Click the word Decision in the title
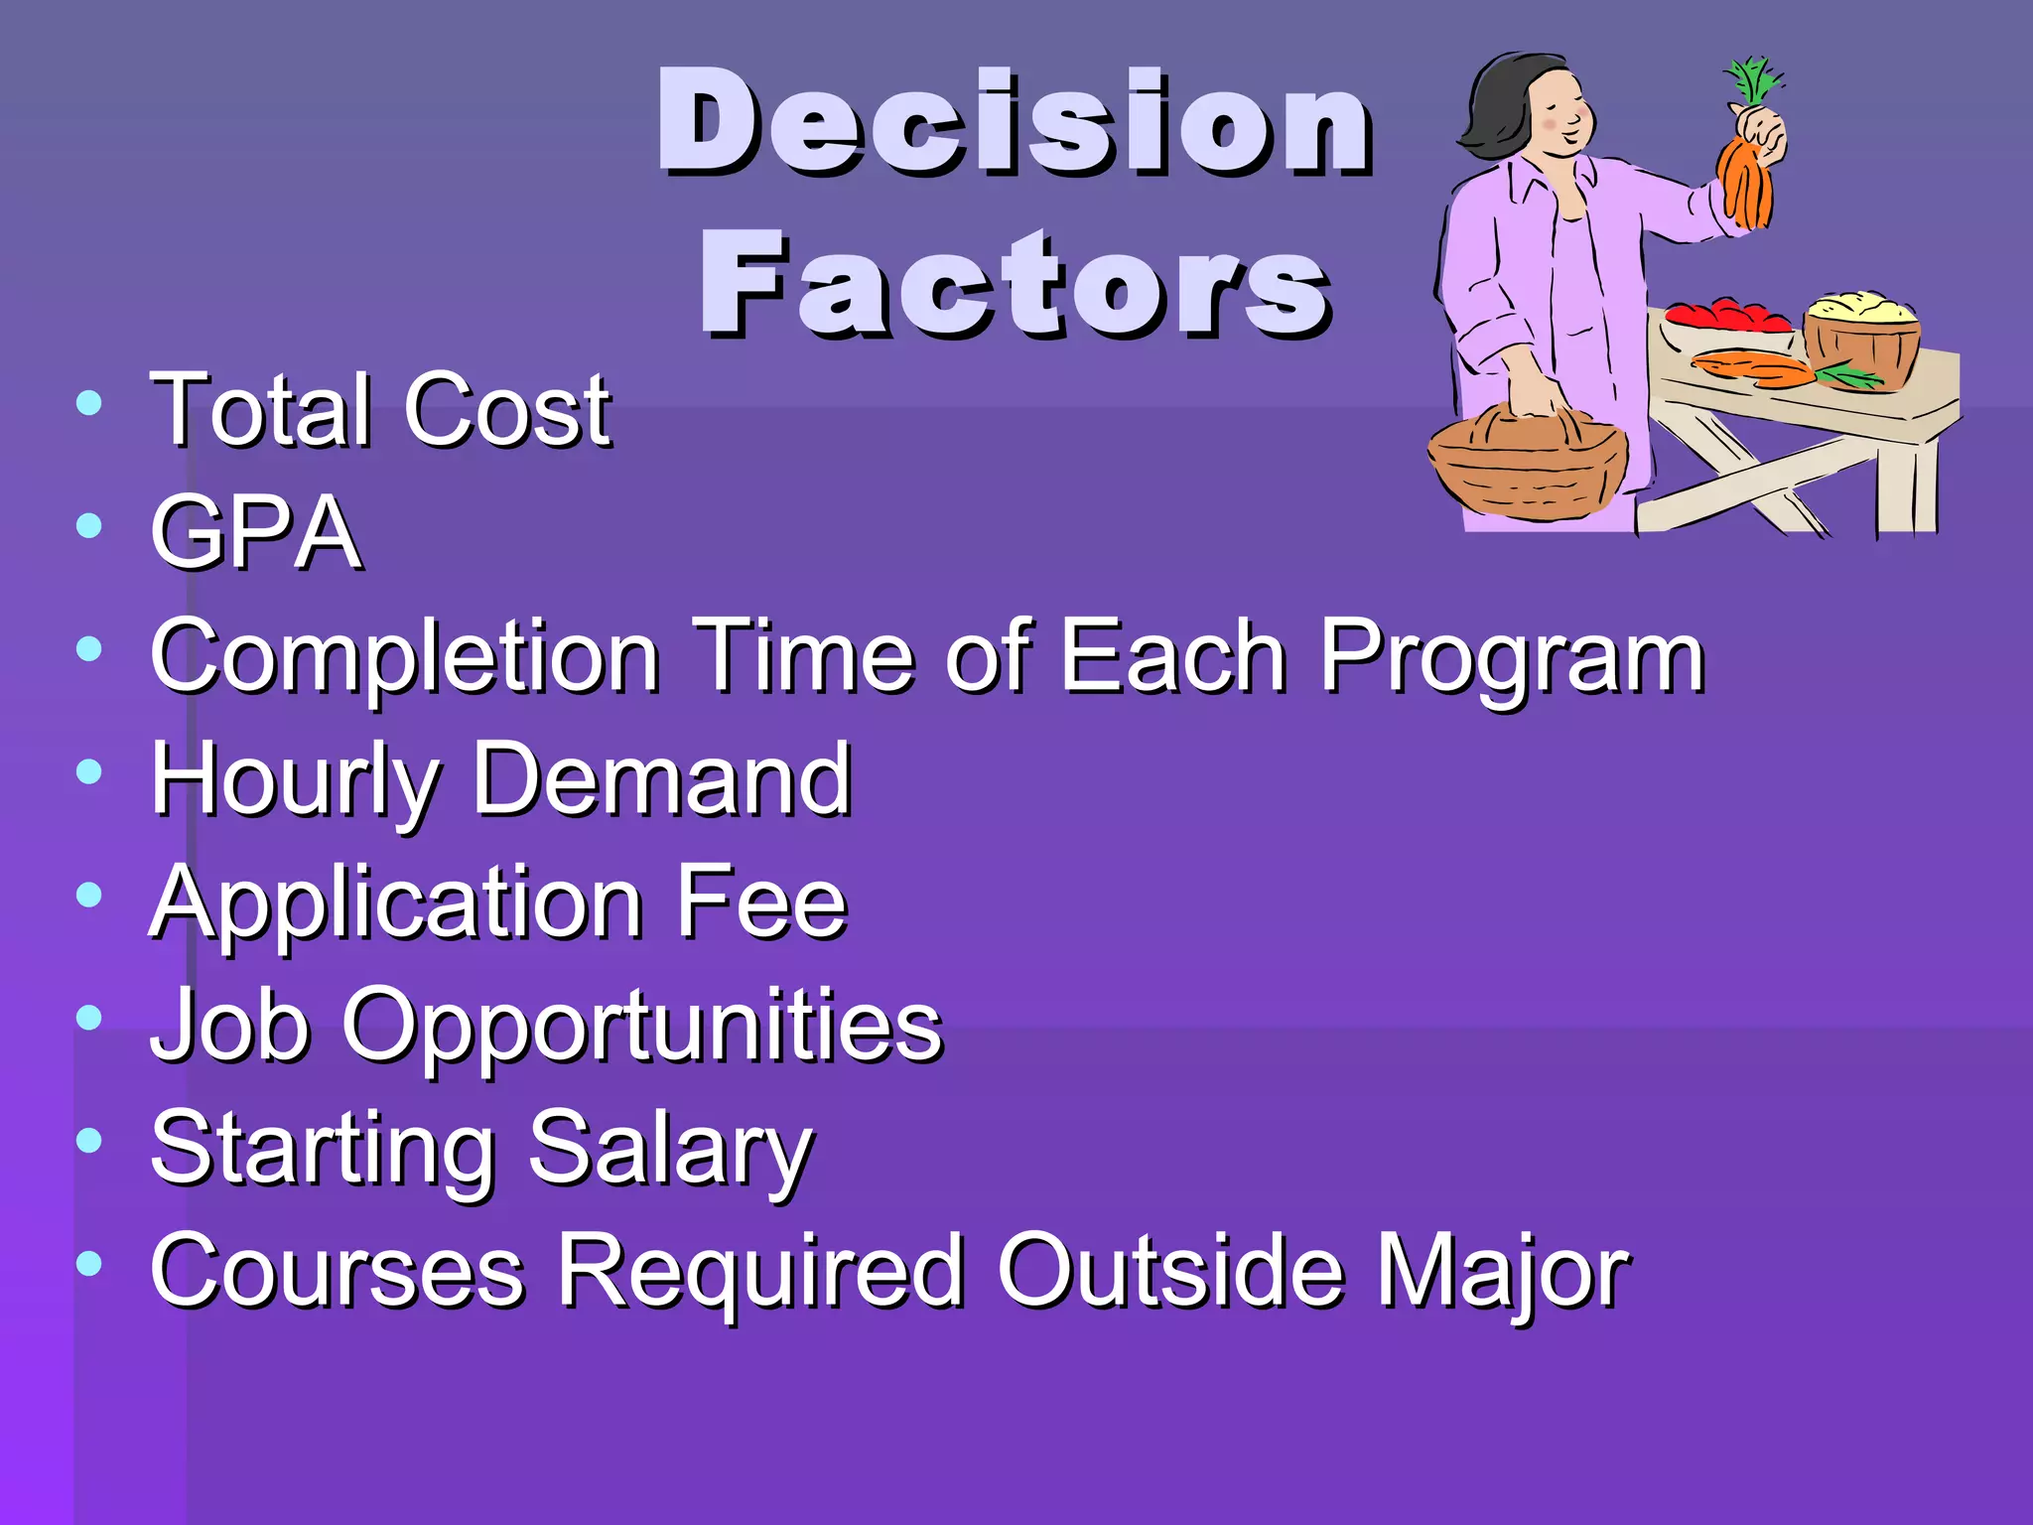coord(1015,124)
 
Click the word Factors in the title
coord(1015,285)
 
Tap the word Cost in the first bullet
coord(507,409)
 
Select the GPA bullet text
coord(255,533)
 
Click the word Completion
coord(405,656)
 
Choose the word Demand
coord(661,779)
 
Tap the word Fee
coord(760,902)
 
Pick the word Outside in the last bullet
coord(1171,1271)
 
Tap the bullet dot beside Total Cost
coord(89,403)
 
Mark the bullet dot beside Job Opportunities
coord(89,1018)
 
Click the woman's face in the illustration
coord(1559,114)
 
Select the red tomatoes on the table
coord(1728,317)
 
